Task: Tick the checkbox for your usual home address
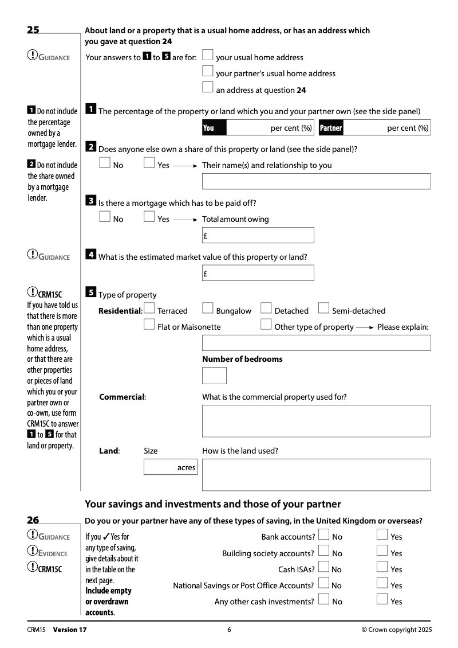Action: pyautogui.click(x=208, y=56)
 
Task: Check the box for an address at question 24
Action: pyautogui.click(x=208, y=88)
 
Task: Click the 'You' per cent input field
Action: pyautogui.click(x=270, y=128)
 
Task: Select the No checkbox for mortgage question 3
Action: pyautogui.click(x=105, y=217)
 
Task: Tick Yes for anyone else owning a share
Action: pyautogui.click(x=149, y=163)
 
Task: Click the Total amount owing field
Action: pyautogui.click(x=258, y=235)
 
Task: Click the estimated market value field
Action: pyautogui.click(x=258, y=273)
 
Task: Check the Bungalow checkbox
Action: pyautogui.click(x=208, y=309)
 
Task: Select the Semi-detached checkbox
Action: pyautogui.click(x=323, y=309)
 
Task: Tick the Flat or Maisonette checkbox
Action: pyautogui.click(x=149, y=325)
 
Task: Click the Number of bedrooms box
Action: pyautogui.click(x=214, y=376)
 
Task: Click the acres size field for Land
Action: pyautogui.click(x=170, y=467)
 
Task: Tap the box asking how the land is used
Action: pyautogui.click(x=316, y=475)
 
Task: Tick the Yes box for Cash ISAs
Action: pyautogui.click(x=382, y=567)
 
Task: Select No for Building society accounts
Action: pyautogui.click(x=324, y=551)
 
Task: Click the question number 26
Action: pyautogui.click(x=33, y=520)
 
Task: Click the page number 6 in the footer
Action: pyautogui.click(x=229, y=630)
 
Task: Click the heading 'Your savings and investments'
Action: pyautogui.click(x=212, y=504)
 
